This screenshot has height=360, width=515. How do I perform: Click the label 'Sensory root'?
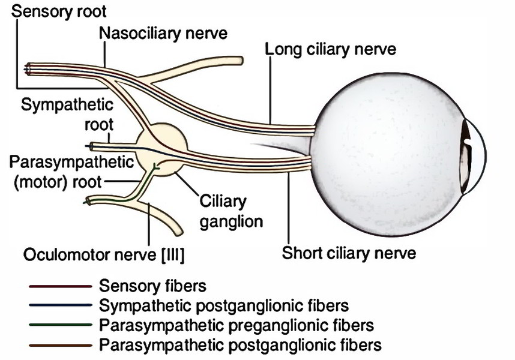click(x=59, y=11)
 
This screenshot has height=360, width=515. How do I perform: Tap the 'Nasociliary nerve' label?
click(x=163, y=33)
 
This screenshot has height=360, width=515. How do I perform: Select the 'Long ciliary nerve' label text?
click(x=330, y=50)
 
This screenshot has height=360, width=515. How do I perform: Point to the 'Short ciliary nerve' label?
click(x=349, y=253)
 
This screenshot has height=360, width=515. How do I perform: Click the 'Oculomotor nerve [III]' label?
click(x=104, y=255)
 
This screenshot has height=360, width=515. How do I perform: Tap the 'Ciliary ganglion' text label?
click(x=231, y=212)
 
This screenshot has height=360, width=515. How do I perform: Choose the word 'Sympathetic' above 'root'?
click(x=67, y=105)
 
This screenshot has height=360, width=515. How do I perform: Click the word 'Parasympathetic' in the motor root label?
click(x=71, y=162)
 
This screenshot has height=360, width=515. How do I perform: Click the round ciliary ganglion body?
click(x=161, y=149)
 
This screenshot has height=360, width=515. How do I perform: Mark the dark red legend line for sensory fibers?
click(x=61, y=286)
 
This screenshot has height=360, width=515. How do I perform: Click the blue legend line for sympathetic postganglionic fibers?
click(x=61, y=305)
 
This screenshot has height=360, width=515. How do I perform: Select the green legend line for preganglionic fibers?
click(x=61, y=325)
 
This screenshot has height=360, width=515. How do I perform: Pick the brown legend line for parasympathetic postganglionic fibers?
click(x=61, y=345)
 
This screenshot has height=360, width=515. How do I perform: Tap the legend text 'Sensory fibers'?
click(x=152, y=286)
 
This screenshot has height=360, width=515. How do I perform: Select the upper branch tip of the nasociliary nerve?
click(x=241, y=61)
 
